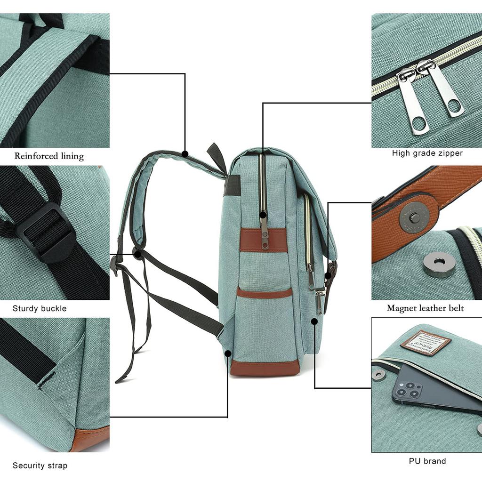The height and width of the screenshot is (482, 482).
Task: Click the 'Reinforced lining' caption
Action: click(x=49, y=156)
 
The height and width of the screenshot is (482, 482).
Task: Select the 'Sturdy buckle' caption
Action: click(x=40, y=309)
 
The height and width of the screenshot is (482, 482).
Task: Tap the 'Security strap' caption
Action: click(x=40, y=466)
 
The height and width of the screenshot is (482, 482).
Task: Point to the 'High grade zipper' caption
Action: click(x=427, y=153)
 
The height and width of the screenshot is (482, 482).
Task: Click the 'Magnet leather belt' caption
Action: click(x=425, y=308)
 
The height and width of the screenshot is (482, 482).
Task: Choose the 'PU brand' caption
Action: click(x=427, y=461)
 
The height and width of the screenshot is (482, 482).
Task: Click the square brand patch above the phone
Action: click(x=426, y=343)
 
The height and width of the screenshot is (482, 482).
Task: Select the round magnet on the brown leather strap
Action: click(x=414, y=217)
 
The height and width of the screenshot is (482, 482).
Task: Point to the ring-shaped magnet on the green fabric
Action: click(x=439, y=264)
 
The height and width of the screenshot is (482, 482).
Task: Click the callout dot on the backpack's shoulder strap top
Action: click(x=185, y=153)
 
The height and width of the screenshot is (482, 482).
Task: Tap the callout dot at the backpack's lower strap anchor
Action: click(x=228, y=353)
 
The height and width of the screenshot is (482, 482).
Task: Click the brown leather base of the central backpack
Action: click(x=265, y=367)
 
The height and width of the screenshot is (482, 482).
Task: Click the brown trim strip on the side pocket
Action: click(x=264, y=293)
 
